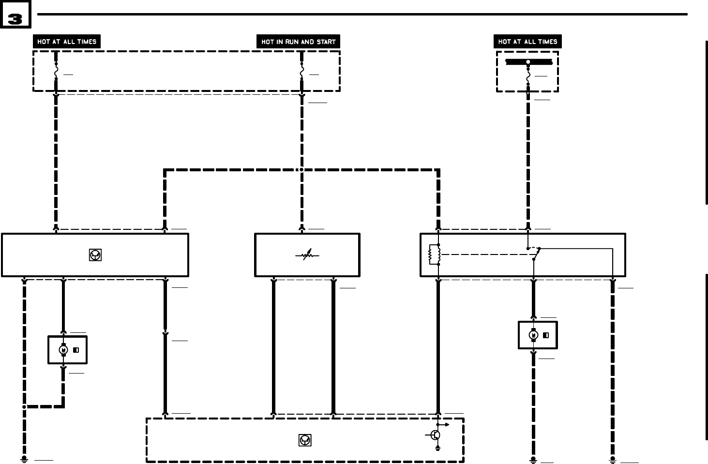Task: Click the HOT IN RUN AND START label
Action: [x=298, y=42]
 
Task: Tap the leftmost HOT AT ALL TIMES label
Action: [x=67, y=41]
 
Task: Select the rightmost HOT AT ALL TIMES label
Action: [x=527, y=41]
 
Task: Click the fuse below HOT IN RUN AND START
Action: [x=301, y=72]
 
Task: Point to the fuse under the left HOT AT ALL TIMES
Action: [x=56, y=72]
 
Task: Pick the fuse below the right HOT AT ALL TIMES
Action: [x=528, y=76]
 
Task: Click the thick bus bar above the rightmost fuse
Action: [x=528, y=62]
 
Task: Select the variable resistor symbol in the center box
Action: [x=307, y=255]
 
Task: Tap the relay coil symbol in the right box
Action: [x=434, y=255]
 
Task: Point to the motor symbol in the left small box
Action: [x=63, y=350]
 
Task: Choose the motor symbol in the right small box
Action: [x=533, y=335]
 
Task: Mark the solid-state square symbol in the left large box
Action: [x=95, y=255]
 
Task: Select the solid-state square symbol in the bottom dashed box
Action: [x=305, y=440]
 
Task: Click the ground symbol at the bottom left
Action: [x=24, y=459]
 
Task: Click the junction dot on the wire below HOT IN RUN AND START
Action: [x=301, y=170]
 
